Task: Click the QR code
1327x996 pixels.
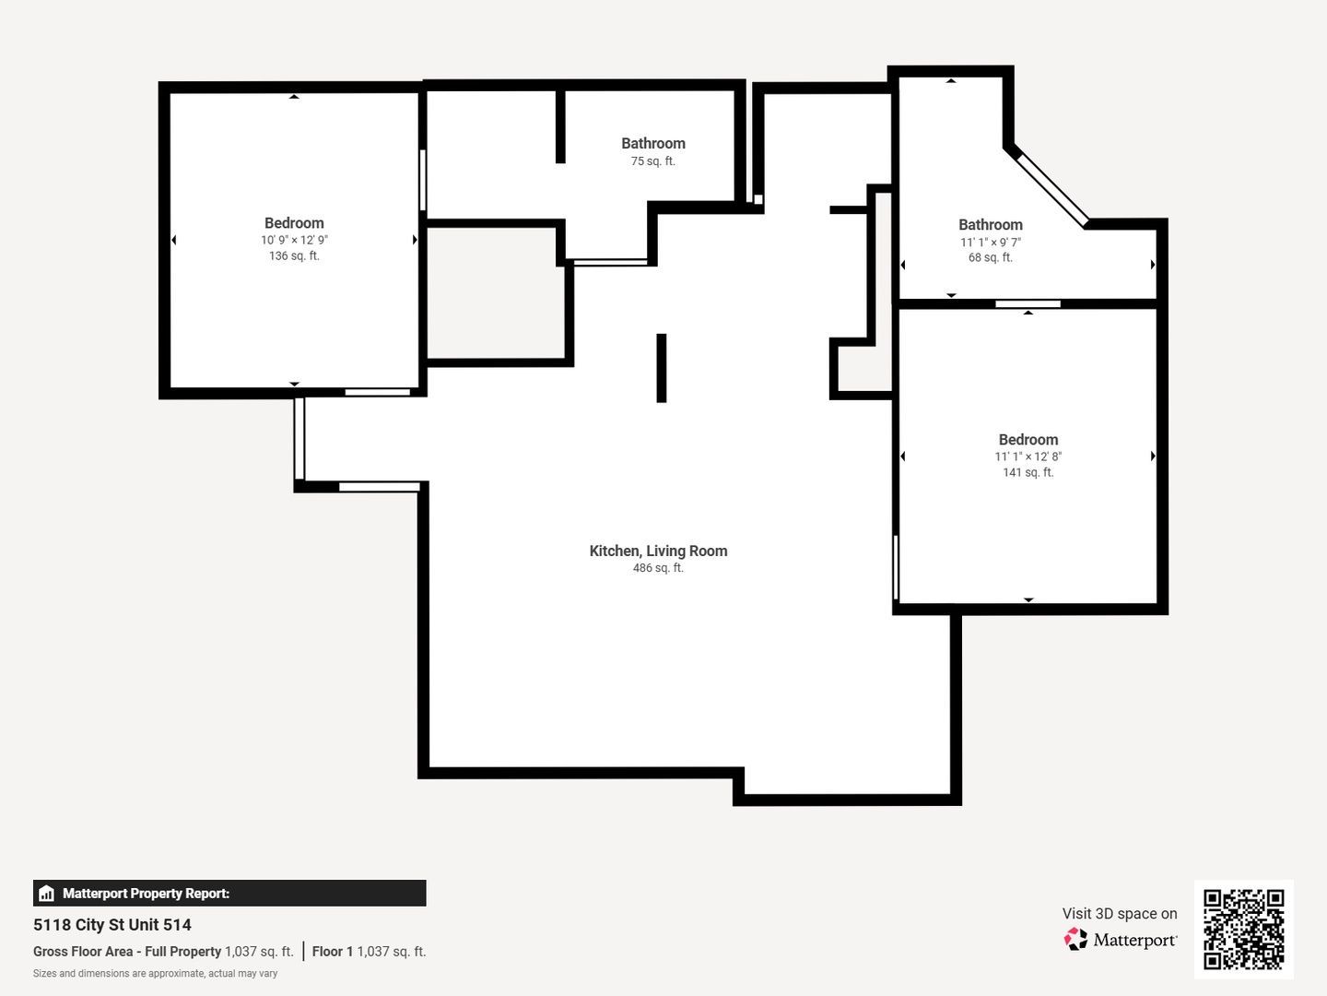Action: point(1243,929)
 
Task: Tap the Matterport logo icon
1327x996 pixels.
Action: point(1075,939)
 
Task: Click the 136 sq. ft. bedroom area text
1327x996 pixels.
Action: point(294,255)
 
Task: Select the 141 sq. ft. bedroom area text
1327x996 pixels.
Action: point(1028,472)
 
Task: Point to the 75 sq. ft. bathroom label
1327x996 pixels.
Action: point(653,143)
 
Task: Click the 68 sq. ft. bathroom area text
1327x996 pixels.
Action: point(991,257)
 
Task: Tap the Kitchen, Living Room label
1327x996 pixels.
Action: point(658,551)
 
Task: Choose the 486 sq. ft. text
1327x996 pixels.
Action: point(658,568)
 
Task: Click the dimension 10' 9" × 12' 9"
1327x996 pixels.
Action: point(294,240)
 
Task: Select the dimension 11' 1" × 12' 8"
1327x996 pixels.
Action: point(1028,456)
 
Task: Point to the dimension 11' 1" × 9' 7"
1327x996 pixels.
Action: point(991,242)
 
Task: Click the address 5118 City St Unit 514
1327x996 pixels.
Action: point(112,925)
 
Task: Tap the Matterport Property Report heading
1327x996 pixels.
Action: point(146,894)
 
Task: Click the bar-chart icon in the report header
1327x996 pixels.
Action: point(47,894)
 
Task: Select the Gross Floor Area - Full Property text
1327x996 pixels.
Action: point(127,951)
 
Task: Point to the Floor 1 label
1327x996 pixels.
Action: point(332,951)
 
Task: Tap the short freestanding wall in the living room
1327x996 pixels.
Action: point(662,368)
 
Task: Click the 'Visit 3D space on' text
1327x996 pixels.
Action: point(1120,913)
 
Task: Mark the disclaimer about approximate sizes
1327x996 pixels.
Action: point(156,974)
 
